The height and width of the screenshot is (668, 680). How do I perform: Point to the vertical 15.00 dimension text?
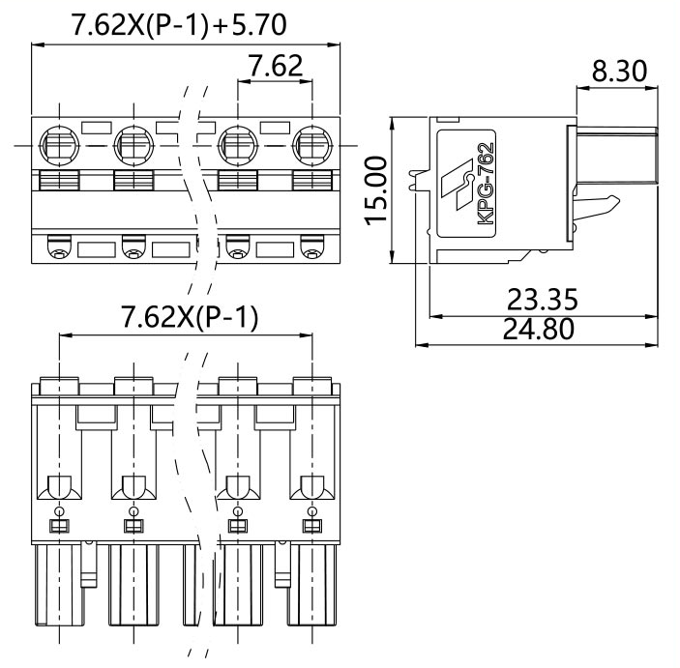point(376,190)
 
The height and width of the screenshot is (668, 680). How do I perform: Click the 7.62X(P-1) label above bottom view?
point(189,318)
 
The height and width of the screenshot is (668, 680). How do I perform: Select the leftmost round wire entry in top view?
point(58,148)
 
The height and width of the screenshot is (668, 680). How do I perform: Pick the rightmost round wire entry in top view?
point(311,148)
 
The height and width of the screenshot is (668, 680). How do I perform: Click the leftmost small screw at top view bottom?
point(58,254)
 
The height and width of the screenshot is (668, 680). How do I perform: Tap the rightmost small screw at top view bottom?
point(311,254)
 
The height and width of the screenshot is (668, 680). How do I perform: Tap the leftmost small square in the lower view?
point(58,526)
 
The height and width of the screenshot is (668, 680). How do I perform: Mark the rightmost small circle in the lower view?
point(311,509)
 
